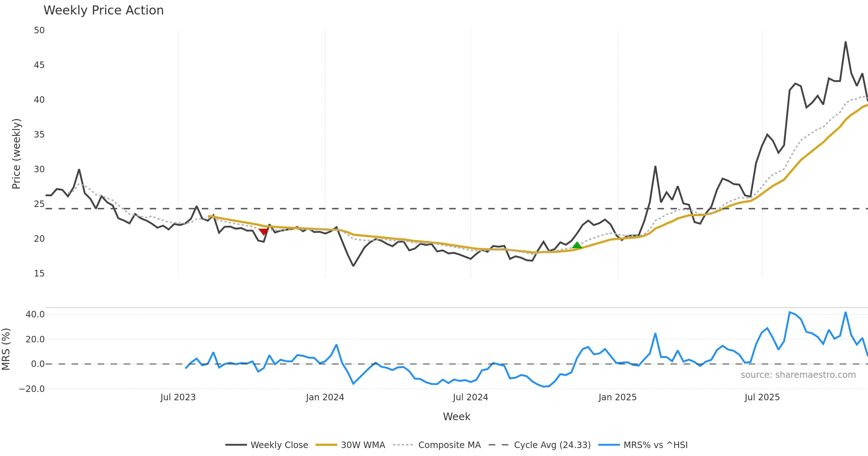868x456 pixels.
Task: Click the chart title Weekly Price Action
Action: click(103, 10)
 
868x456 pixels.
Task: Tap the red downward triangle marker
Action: click(264, 232)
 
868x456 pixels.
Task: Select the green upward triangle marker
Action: click(577, 245)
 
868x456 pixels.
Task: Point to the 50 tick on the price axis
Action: click(39, 30)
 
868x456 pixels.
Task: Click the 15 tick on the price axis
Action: click(39, 274)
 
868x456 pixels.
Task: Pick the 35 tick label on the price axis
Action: click(39, 135)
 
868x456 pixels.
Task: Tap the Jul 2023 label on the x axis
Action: click(178, 397)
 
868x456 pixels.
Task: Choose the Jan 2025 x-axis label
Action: click(617, 397)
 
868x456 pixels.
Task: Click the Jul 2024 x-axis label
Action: click(470, 397)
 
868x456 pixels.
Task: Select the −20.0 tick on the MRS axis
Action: click(32, 389)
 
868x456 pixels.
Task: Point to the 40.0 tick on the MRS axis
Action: click(35, 314)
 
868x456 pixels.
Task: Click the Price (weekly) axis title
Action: click(16, 154)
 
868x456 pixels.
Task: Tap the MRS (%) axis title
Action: click(6, 349)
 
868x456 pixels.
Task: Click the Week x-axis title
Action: click(456, 417)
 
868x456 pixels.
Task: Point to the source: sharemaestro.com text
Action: click(798, 375)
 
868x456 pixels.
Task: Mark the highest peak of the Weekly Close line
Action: click(846, 42)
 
